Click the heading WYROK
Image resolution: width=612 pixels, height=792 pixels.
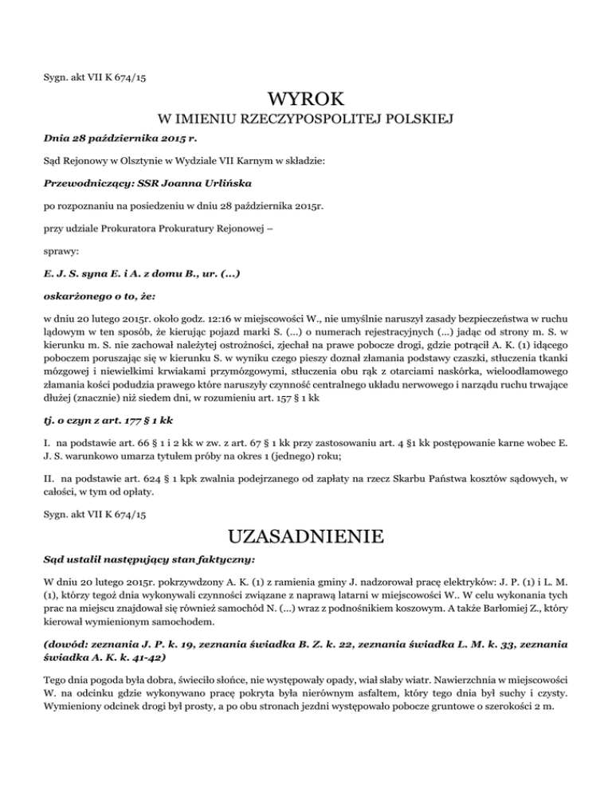(x=305, y=100)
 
